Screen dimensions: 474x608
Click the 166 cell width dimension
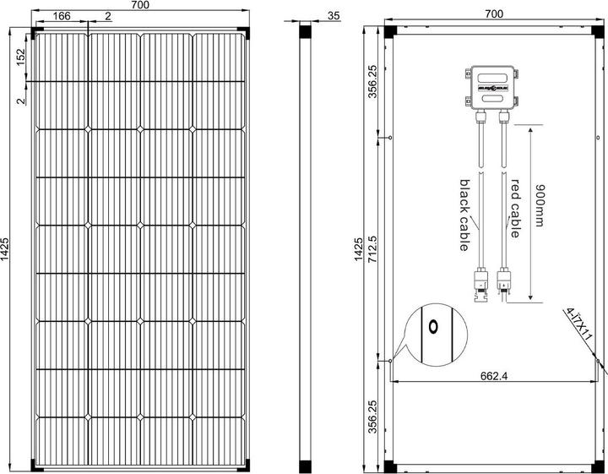pyautogui.click(x=61, y=17)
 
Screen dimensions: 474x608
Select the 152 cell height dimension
pyautogui.click(x=20, y=58)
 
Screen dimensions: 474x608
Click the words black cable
pyautogui.click(x=464, y=215)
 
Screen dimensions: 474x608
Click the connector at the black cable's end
pyautogui.click(x=481, y=285)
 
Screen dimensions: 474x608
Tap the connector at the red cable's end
pyautogui.click(x=506, y=282)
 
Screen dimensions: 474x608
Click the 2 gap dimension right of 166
pyautogui.click(x=107, y=17)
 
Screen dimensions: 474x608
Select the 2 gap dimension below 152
pyautogui.click(x=20, y=101)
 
